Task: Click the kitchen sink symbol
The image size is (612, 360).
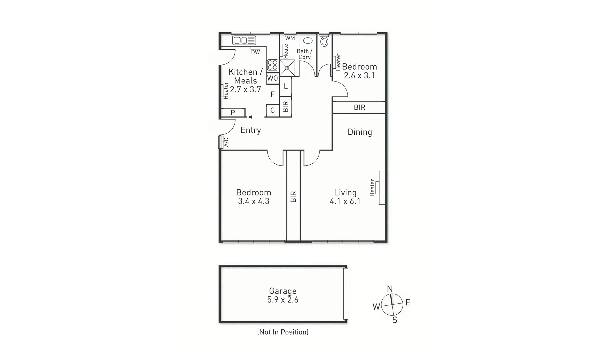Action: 244,40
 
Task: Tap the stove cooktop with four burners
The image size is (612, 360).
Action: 272,65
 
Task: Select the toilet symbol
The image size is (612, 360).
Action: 324,41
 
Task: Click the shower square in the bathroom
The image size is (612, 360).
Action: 287,68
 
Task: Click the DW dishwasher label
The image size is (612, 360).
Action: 255,52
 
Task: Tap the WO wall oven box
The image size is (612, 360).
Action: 272,78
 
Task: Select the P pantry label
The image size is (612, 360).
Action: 233,113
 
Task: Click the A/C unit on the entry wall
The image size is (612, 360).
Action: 220,142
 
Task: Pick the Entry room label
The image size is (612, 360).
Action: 251,130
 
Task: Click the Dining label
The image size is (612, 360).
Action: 360,132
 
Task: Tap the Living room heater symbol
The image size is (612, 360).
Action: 382,187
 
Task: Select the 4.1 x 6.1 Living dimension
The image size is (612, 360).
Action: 345,201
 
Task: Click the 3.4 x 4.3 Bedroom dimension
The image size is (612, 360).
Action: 254,201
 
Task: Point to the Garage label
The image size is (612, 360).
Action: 283,291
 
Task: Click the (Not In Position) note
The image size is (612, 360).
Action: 283,332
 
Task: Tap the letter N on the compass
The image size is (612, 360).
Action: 390,289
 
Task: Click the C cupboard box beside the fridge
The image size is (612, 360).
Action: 272,110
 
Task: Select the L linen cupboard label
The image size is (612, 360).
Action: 286,86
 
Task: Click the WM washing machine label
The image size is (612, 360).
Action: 290,38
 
